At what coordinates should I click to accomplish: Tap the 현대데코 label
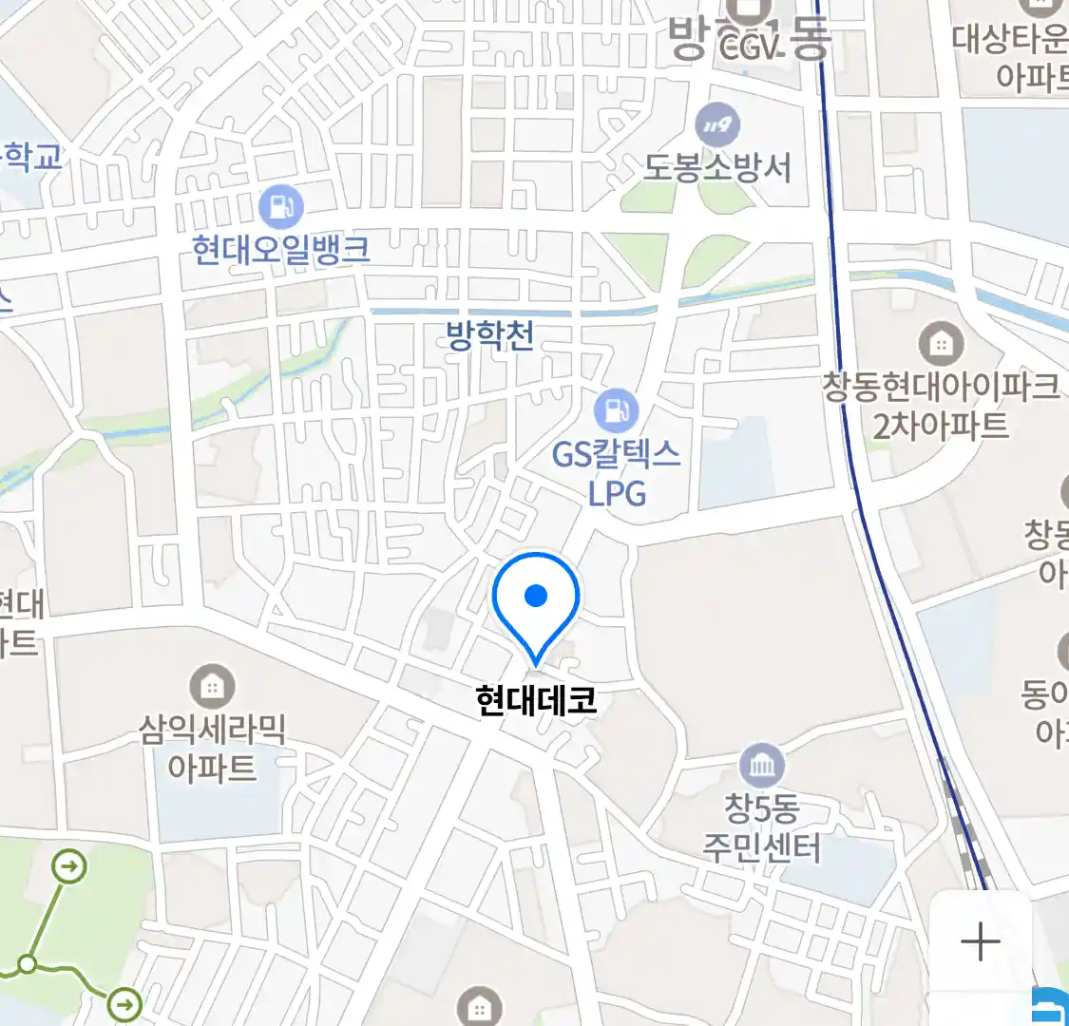click(536, 701)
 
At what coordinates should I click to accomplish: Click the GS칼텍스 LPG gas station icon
click(616, 410)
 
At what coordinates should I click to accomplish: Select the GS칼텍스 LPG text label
click(617, 473)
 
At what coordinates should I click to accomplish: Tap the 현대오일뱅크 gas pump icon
click(280, 206)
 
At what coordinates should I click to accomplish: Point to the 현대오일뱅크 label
click(280, 250)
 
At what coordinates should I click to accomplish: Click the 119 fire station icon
click(717, 124)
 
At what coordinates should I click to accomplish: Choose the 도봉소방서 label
click(717, 167)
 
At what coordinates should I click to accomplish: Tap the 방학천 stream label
click(490, 335)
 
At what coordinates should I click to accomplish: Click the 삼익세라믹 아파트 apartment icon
click(212, 685)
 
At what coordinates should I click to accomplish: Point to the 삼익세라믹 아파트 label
click(212, 748)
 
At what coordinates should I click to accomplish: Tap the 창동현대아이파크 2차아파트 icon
click(941, 343)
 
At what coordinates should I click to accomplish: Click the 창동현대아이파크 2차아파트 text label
click(941, 406)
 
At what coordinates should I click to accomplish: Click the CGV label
click(750, 45)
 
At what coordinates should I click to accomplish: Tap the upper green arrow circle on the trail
click(69, 866)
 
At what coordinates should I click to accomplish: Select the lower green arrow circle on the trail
click(124, 1003)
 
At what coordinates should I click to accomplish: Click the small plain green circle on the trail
click(28, 965)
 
